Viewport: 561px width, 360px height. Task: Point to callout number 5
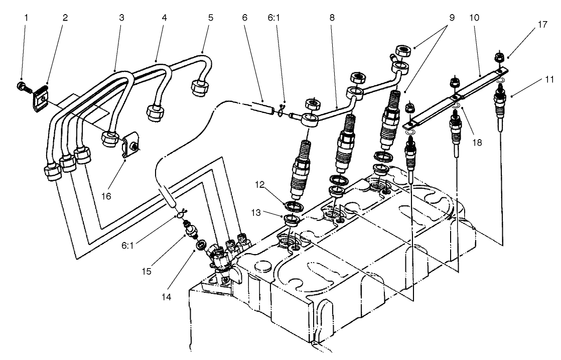click(210, 17)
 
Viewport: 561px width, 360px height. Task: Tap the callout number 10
click(474, 17)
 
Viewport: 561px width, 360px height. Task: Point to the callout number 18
click(476, 143)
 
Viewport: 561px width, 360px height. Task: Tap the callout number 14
click(167, 297)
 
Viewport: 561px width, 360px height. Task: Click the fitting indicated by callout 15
click(191, 230)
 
